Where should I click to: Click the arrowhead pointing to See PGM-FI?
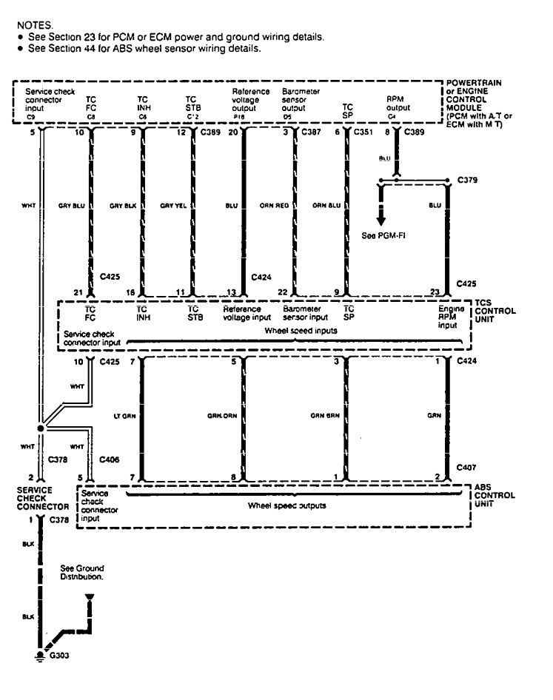coord(382,220)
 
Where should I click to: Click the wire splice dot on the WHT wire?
coord(41,428)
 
